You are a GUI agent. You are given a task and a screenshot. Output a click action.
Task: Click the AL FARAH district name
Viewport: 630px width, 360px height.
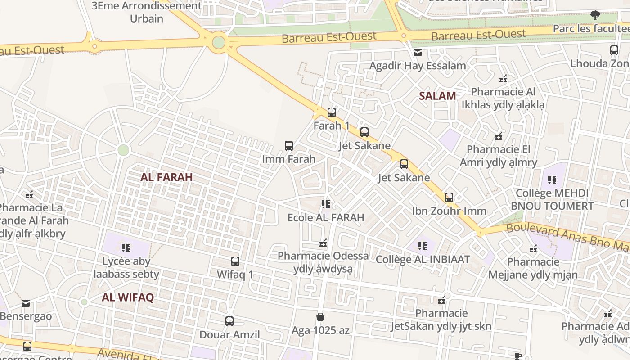[x=166, y=177]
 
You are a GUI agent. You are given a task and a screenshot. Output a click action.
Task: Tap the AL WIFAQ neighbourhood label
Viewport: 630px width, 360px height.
[x=128, y=297]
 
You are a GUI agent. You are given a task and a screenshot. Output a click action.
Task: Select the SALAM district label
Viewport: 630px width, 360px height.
[x=437, y=96]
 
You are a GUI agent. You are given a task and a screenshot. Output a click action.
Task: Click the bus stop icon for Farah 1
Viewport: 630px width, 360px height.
[x=332, y=112]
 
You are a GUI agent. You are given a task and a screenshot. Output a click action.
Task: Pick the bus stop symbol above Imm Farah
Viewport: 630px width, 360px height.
[x=289, y=146]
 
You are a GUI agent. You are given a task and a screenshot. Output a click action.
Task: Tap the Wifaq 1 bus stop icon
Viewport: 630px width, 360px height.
[x=235, y=261]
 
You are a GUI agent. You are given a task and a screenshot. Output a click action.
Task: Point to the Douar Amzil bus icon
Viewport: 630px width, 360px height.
[x=229, y=321]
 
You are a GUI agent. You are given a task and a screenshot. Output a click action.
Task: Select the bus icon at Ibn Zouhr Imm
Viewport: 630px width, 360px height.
[x=449, y=198]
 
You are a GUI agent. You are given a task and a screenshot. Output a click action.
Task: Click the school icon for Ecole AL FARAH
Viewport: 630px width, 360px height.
[x=326, y=205]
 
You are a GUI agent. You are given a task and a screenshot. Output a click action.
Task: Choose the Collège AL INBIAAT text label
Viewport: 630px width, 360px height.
[x=423, y=260]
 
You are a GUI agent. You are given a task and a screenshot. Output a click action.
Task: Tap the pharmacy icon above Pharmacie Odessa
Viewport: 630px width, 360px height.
[x=323, y=243]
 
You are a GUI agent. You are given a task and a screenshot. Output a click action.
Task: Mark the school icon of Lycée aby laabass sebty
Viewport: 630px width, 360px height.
[x=126, y=248]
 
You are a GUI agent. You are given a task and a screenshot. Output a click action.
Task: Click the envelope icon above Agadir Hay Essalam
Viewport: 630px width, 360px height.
[x=418, y=53]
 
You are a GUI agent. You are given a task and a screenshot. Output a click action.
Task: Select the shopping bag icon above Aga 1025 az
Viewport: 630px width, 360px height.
[x=320, y=317]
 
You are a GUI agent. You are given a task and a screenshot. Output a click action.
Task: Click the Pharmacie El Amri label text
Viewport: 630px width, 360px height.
[x=499, y=156]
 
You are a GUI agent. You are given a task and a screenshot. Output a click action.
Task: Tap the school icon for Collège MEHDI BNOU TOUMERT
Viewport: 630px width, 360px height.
[x=552, y=180]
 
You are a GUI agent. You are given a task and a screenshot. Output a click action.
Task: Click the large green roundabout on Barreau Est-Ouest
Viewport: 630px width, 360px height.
[x=219, y=43]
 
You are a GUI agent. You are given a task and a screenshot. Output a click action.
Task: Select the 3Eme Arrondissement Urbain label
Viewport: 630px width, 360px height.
[x=147, y=12]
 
